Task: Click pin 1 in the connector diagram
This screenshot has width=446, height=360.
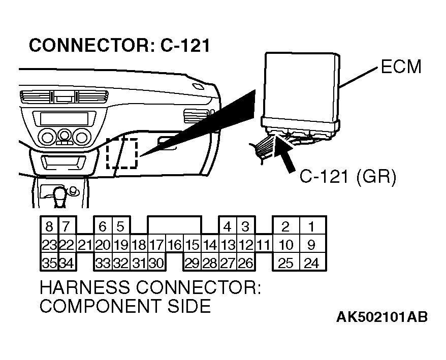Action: point(311,226)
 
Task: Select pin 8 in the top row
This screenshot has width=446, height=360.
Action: point(49,226)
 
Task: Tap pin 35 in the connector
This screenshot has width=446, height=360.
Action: point(49,263)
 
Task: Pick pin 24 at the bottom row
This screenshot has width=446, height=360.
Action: point(311,263)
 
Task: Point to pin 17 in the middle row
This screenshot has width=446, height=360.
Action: point(157,245)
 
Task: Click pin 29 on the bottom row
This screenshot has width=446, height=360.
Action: point(192,263)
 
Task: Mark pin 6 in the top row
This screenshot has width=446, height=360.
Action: point(103,226)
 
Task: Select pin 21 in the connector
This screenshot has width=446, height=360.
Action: point(85,245)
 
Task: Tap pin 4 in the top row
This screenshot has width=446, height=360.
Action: point(228,226)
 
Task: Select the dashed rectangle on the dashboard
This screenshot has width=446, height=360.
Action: point(122,153)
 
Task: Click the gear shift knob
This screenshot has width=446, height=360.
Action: point(61,193)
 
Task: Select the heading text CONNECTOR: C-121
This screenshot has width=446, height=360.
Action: point(120,45)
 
